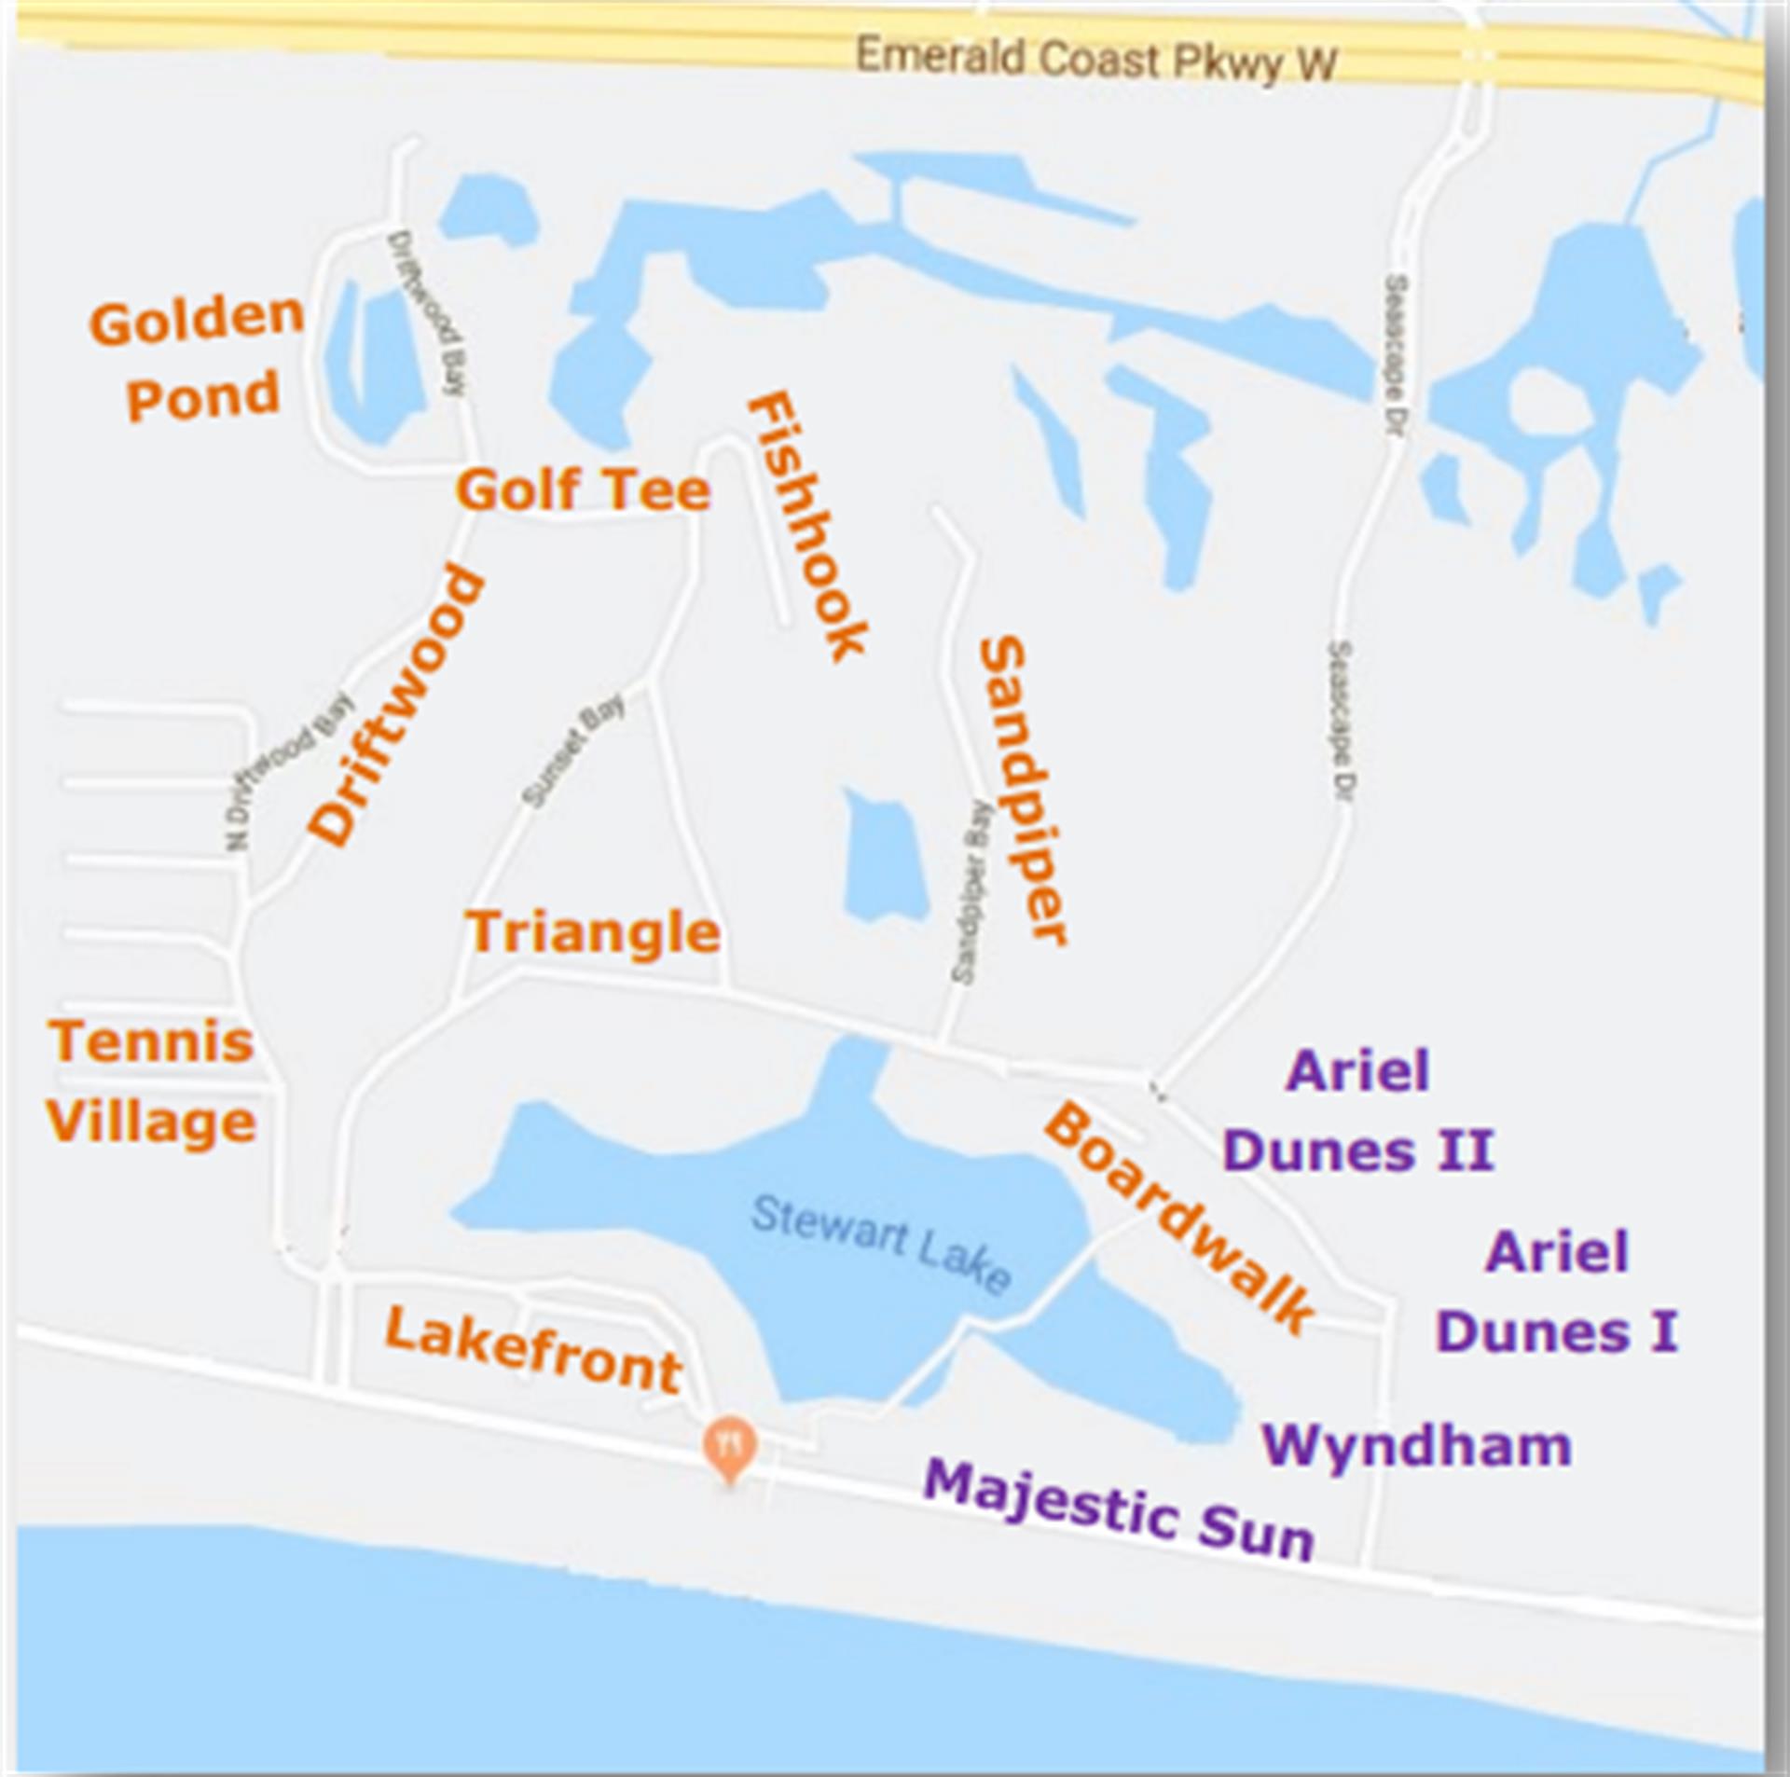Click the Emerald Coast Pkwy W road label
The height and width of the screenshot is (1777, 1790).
(x=1095, y=61)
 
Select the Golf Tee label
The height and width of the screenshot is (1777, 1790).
(x=584, y=490)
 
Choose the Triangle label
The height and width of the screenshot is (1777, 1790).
(x=593, y=932)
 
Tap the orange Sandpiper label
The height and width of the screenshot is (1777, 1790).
(x=1022, y=790)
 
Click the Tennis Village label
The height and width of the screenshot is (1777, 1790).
(x=151, y=1081)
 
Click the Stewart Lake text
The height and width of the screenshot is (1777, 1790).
(x=881, y=1245)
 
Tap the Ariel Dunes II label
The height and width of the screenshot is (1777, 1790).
(x=1358, y=1110)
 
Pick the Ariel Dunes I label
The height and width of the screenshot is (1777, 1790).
(x=1557, y=1291)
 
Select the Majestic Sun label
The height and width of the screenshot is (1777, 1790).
(x=1119, y=1510)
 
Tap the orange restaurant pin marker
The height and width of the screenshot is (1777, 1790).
(x=730, y=1446)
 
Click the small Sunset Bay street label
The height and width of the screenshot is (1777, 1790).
(x=572, y=751)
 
